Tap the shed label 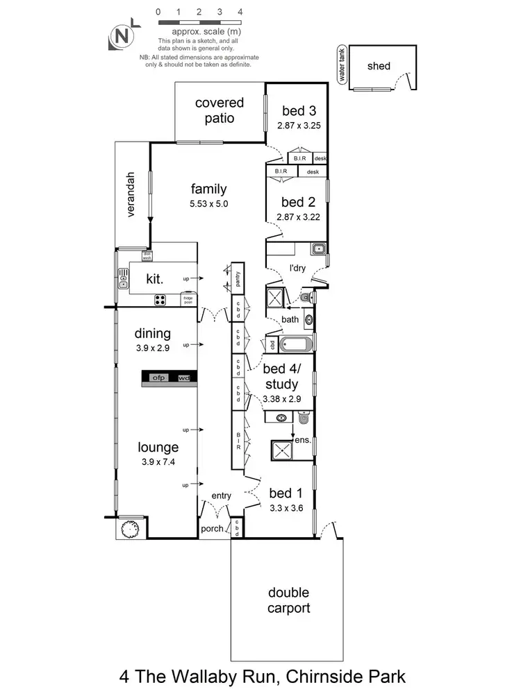(x=379, y=67)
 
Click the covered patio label (x=220, y=110)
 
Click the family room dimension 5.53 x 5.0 (x=208, y=204)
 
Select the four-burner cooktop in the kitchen (x=160, y=301)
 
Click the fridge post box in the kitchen (x=188, y=300)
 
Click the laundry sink (x=318, y=249)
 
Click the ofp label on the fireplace (x=158, y=378)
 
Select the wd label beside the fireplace (x=183, y=378)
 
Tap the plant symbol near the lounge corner (x=131, y=528)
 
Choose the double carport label (x=288, y=601)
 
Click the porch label (x=213, y=529)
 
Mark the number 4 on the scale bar (x=240, y=12)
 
